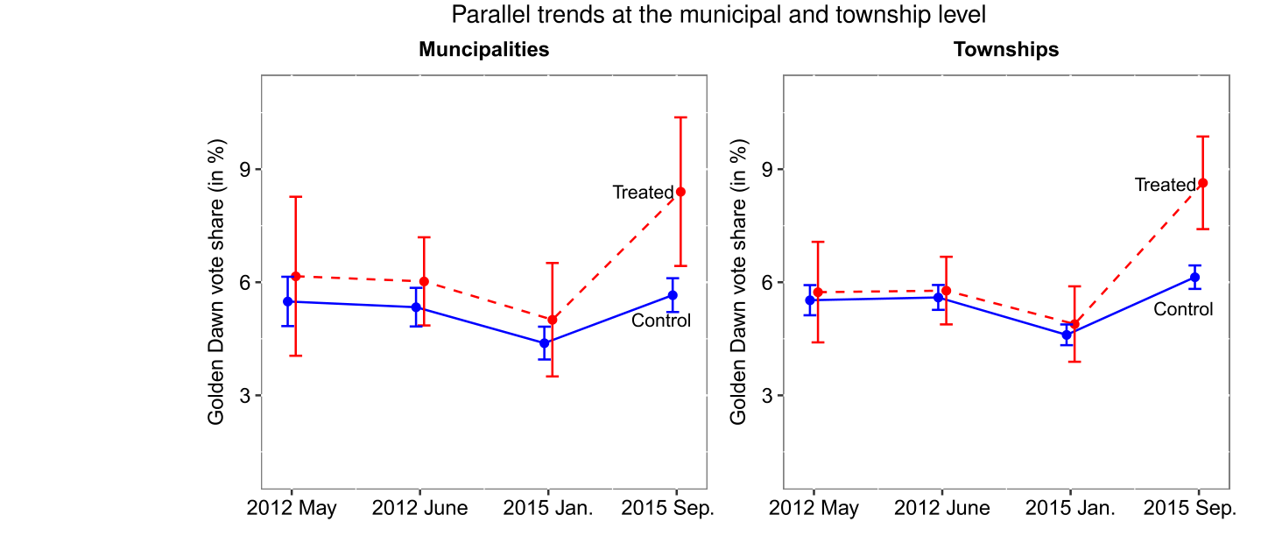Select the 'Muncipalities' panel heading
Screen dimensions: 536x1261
coord(484,49)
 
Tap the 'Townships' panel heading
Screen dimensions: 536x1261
coord(1006,49)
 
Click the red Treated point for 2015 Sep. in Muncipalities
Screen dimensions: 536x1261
coord(680,192)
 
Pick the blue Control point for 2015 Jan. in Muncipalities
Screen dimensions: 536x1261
coord(545,343)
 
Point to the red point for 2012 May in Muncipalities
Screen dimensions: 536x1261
coord(296,276)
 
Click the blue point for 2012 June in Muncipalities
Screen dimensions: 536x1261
coord(416,307)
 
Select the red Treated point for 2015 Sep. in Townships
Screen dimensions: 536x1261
coord(1203,183)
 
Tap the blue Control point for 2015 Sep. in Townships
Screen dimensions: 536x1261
coord(1194,278)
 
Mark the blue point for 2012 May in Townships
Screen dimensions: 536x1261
coord(810,300)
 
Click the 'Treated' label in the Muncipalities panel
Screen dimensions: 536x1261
coord(643,193)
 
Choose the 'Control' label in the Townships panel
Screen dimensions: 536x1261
coord(1183,309)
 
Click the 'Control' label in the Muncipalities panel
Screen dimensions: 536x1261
coord(661,321)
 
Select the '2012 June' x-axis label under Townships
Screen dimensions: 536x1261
coord(943,508)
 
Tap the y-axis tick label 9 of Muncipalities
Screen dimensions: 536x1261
coord(246,169)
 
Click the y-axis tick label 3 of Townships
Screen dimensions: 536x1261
coord(768,395)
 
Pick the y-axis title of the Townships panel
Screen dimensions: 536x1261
coord(739,282)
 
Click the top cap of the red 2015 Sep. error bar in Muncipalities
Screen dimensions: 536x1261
coord(680,117)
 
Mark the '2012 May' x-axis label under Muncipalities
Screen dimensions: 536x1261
coord(292,508)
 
